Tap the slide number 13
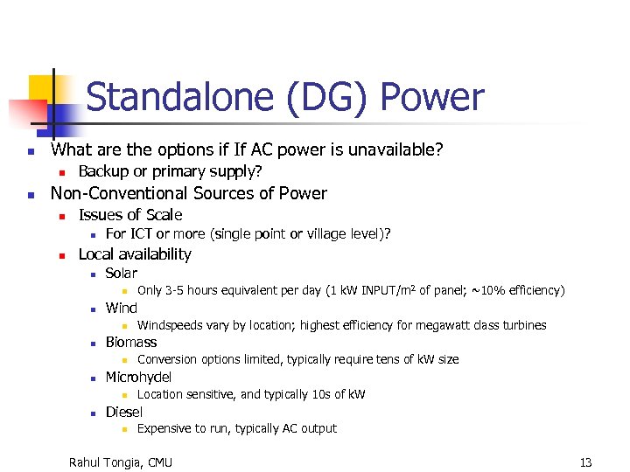585,462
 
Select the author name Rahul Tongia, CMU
121,462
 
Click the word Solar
121,273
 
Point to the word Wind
121,308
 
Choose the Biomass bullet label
131,342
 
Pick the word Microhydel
138,377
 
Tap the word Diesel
124,412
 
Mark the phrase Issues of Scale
130,215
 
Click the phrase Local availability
135,254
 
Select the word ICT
142,234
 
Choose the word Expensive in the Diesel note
165,428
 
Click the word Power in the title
432,98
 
